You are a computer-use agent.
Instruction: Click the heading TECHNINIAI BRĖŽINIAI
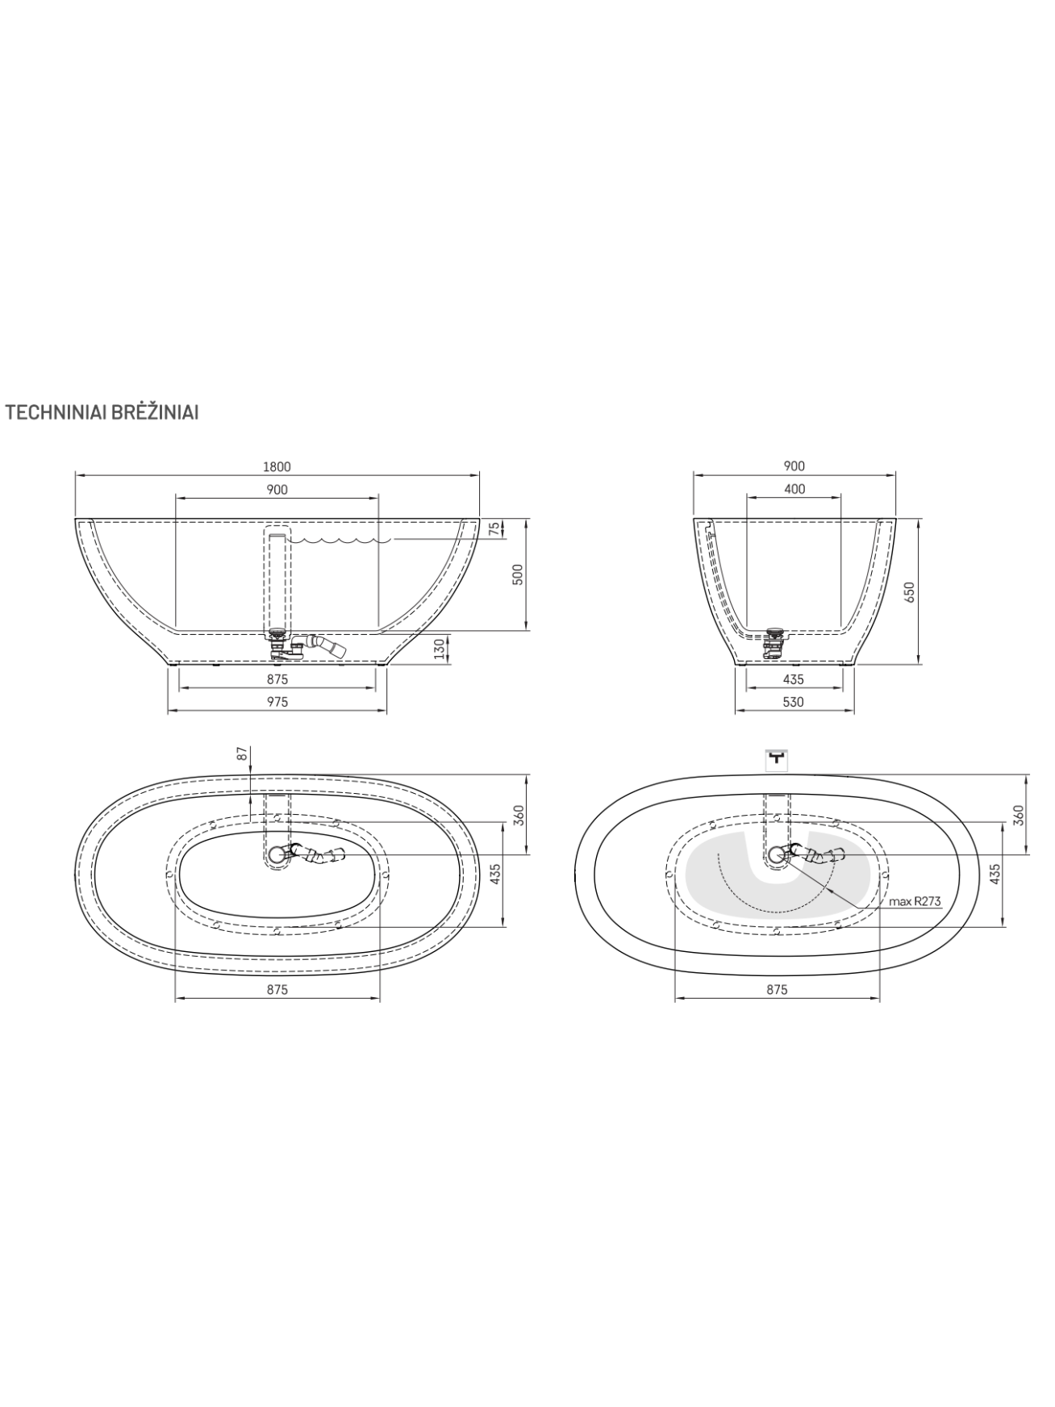coord(102,412)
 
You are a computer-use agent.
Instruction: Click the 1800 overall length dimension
coord(277,466)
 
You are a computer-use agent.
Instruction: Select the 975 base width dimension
coord(277,702)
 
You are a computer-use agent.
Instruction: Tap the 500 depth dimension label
coord(519,574)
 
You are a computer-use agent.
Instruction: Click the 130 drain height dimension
coord(439,649)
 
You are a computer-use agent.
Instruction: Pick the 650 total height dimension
coord(911,592)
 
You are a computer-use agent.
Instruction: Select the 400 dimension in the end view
coord(794,489)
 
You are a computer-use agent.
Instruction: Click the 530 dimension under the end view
coord(794,702)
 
